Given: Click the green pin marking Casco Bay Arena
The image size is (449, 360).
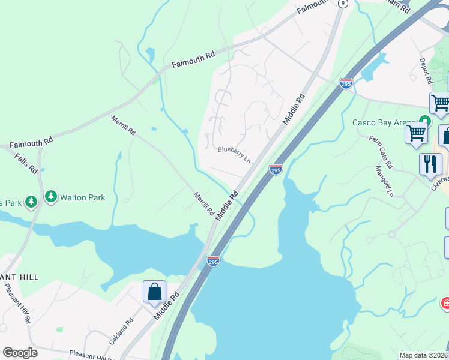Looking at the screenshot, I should tap(425, 120).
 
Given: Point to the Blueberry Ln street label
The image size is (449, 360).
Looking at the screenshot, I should tap(234, 154).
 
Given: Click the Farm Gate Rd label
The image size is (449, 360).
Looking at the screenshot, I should tap(380, 152).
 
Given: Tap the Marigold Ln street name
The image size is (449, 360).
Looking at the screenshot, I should tap(385, 181).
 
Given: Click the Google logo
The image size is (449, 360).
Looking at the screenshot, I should tap(20, 353).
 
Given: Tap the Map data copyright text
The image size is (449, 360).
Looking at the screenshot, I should tap(424, 355).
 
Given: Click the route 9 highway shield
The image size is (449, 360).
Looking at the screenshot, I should tap(342, 3).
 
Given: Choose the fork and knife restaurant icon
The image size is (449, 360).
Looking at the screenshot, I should tap(430, 164).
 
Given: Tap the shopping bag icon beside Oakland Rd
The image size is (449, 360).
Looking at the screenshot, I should tap(154, 292).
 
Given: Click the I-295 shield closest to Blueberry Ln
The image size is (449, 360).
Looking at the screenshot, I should tap(276, 170).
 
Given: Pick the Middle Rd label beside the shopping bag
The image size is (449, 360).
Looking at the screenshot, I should tap(166, 304).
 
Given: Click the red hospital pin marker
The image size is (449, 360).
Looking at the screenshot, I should tap(445, 302).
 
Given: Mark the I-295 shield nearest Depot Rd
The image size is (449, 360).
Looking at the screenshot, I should tap(346, 84).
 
